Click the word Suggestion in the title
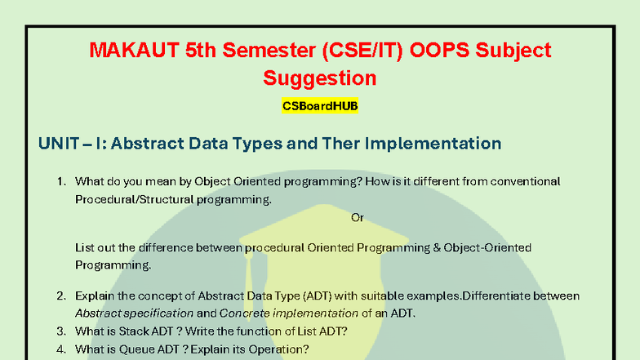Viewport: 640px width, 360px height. click(320, 78)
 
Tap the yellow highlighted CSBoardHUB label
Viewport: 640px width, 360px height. click(320, 106)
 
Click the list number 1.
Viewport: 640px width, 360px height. click(60, 181)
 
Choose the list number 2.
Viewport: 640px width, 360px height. click(60, 296)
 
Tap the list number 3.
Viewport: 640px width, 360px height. click(60, 331)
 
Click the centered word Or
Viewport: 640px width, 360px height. click(357, 217)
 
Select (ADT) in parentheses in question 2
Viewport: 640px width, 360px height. click(286, 296)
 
